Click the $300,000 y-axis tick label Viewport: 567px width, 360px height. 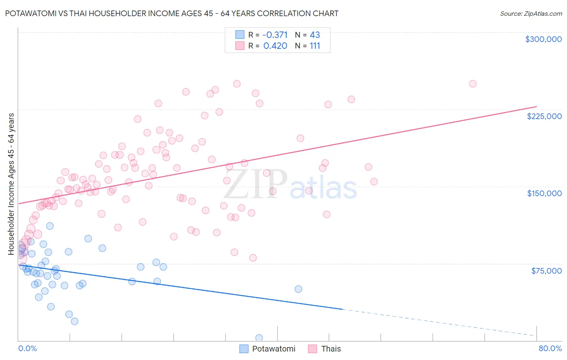tap(543, 39)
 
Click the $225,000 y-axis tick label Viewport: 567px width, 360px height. tap(544, 116)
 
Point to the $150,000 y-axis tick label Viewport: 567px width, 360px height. tap(544, 193)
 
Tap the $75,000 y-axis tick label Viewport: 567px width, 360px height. tap(546, 271)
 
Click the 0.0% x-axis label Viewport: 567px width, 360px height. tap(27, 348)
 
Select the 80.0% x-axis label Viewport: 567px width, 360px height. tap(550, 348)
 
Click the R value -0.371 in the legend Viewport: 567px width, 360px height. tap(275, 35)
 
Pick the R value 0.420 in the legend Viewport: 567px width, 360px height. tap(275, 46)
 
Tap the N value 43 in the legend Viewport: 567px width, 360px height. tap(315, 35)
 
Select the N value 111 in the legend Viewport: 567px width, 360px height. tap(315, 46)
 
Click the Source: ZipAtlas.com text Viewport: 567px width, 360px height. tap(531, 13)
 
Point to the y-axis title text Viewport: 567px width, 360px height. tap(11, 184)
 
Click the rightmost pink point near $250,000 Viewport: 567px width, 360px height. tap(473, 84)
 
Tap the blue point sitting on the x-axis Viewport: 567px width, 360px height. tap(259, 338)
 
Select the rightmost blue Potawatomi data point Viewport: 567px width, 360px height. tap(298, 289)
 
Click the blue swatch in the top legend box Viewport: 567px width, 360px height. tap(240, 35)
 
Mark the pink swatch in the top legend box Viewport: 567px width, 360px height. tap(240, 46)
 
